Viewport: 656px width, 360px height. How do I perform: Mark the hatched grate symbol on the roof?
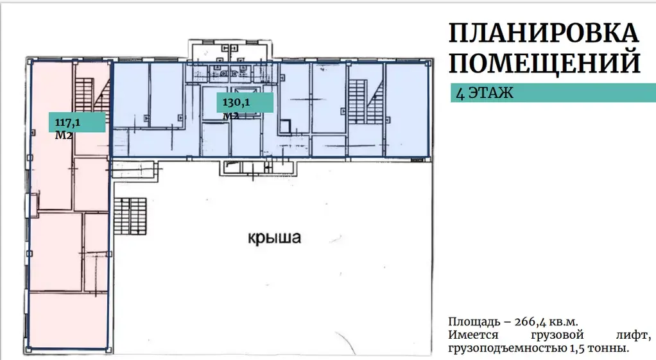tap(131, 216)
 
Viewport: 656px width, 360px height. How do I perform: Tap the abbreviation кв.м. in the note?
tap(570, 322)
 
